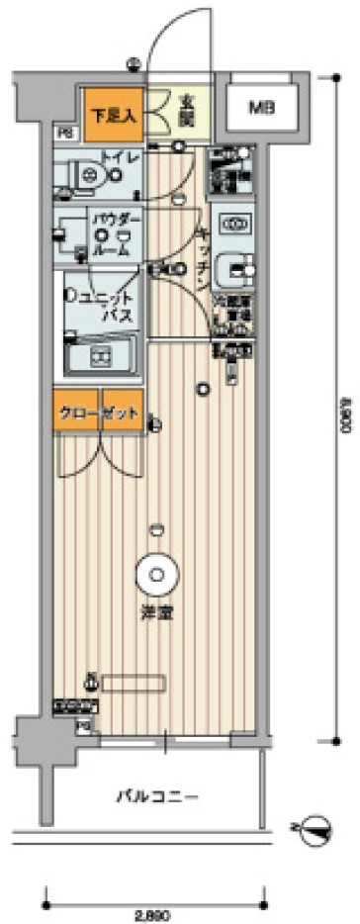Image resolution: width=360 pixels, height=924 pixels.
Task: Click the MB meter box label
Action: (260, 107)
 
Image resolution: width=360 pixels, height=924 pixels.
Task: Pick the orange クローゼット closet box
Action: (96, 409)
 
